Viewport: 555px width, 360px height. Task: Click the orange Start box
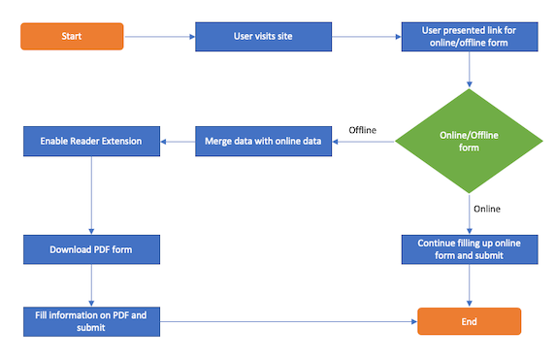[x=72, y=37]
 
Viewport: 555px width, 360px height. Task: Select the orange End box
[x=470, y=321]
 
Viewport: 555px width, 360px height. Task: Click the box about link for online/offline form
[x=470, y=37]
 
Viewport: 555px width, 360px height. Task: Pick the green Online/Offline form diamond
[x=470, y=142]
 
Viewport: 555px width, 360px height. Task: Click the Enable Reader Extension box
[x=91, y=142]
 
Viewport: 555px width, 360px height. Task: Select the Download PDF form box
[x=91, y=249]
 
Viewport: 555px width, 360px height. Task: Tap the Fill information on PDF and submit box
[x=91, y=321]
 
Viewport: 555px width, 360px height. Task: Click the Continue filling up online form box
[x=470, y=249]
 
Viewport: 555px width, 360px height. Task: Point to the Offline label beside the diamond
[x=362, y=130]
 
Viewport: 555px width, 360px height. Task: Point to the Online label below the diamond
[x=487, y=209]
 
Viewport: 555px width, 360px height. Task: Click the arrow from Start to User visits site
[x=159, y=37]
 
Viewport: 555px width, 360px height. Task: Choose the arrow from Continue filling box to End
[x=470, y=285]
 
